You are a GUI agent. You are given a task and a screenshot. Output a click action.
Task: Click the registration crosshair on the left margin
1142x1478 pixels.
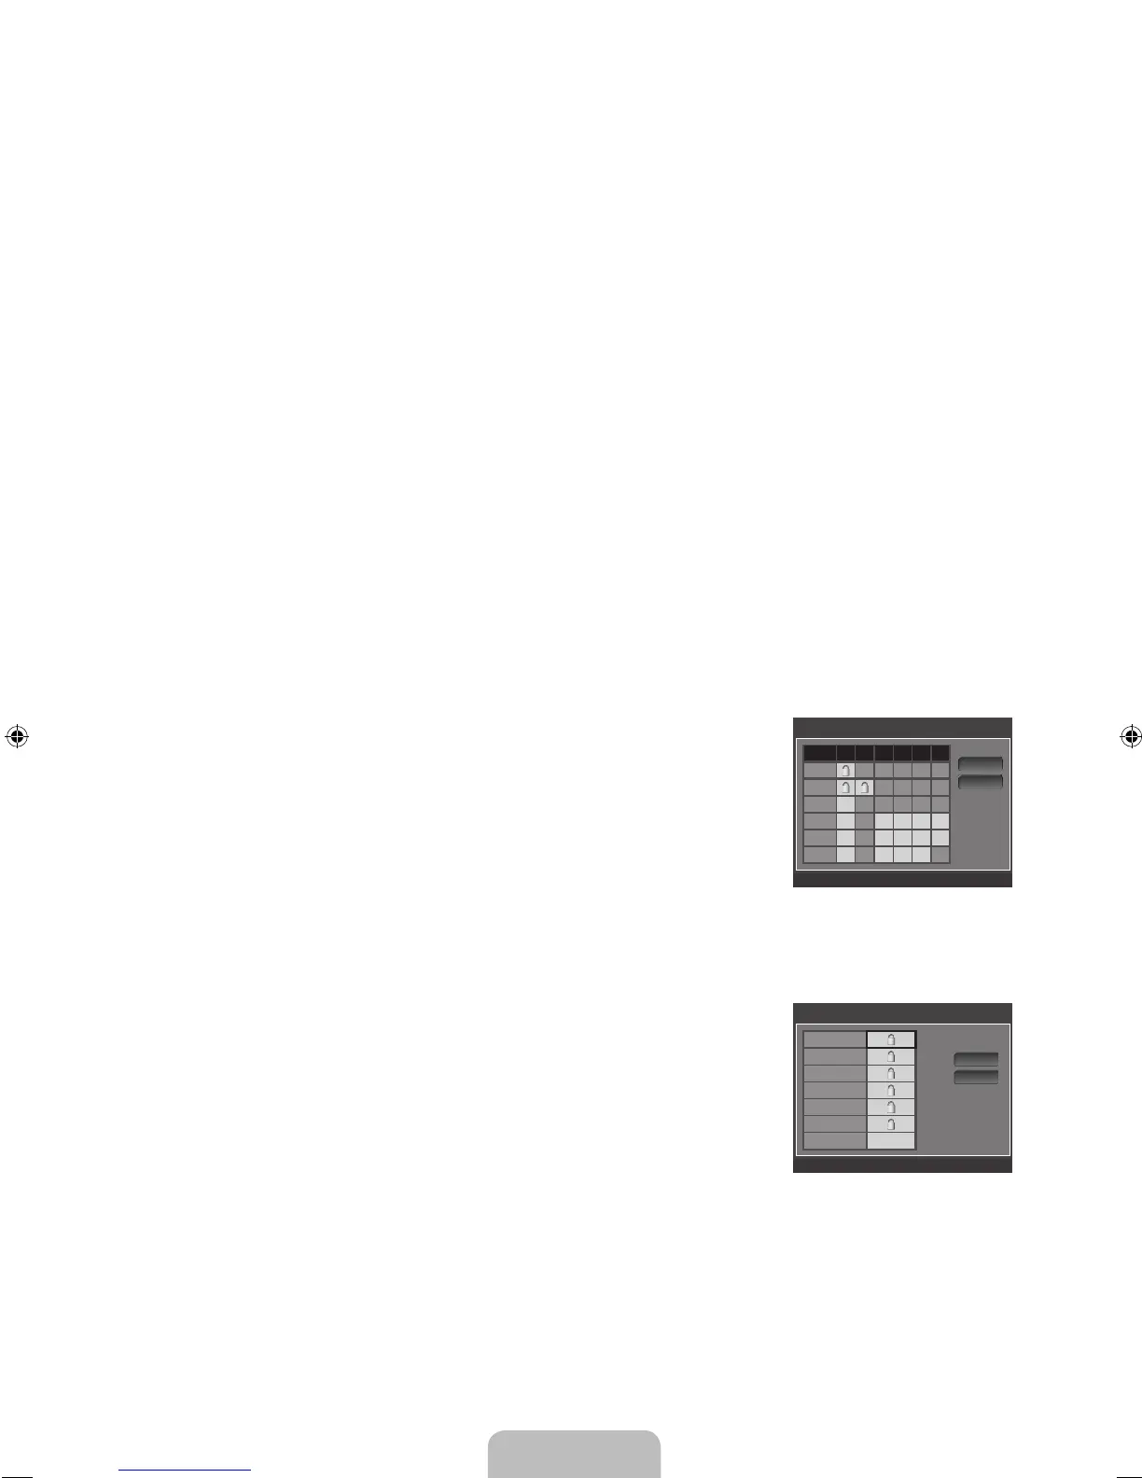15,736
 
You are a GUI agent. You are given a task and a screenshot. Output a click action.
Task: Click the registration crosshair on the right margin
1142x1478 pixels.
1131,736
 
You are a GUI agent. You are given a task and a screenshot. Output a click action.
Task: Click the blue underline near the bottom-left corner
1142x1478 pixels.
185,1471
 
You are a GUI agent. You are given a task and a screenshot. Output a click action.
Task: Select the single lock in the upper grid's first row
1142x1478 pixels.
845,797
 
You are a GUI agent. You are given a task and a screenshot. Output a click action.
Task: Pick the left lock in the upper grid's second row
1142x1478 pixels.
845,814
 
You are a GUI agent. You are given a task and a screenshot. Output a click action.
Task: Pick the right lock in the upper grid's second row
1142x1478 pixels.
864,814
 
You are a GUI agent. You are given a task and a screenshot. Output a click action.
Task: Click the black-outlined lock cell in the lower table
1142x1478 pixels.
891,1039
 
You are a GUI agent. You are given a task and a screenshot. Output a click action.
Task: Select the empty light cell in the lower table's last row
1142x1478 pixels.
891,1140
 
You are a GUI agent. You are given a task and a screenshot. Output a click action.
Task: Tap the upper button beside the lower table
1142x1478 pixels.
976,1060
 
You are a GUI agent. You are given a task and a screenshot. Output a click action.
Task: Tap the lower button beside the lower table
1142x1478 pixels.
976,1078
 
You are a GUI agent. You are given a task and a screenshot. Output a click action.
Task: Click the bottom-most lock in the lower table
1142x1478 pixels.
891,1124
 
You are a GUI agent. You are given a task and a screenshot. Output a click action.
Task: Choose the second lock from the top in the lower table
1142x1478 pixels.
891,1056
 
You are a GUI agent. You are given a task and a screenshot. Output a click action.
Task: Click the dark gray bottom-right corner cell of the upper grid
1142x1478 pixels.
940,855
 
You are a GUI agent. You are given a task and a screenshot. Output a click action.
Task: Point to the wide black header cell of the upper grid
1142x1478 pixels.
819,753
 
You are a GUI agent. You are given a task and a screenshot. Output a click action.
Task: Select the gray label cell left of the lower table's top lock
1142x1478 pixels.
834,1039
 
